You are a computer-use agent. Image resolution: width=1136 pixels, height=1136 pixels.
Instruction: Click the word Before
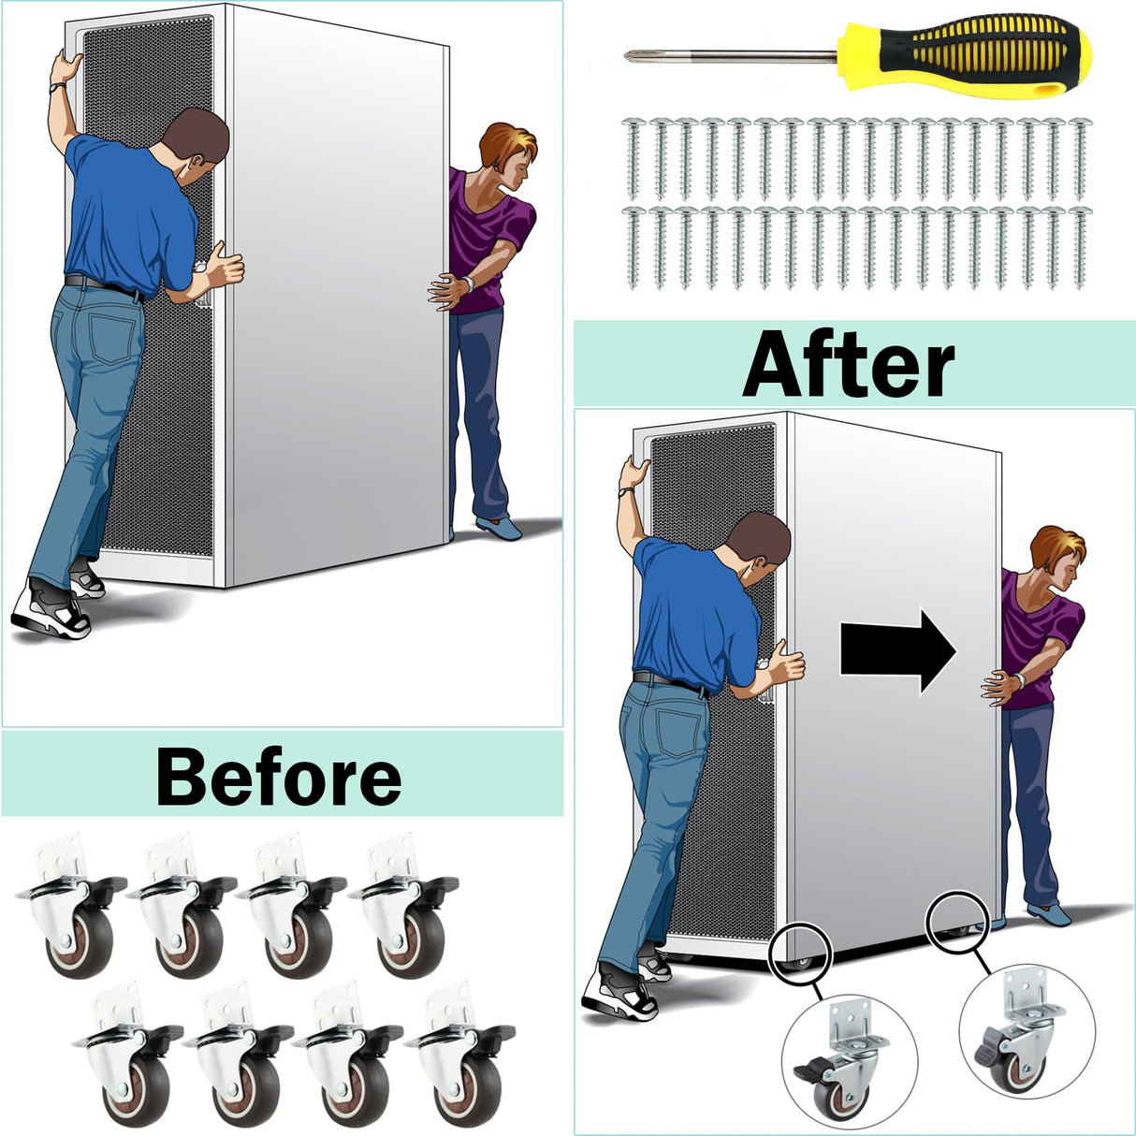(279, 775)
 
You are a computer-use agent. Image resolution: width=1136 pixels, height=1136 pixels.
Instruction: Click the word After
(849, 362)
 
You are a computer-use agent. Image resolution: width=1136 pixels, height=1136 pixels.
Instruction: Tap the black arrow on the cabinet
(897, 651)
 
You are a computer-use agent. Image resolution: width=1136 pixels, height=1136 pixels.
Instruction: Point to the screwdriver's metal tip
(629, 56)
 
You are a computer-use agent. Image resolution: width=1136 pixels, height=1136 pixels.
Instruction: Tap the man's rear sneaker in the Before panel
(51, 610)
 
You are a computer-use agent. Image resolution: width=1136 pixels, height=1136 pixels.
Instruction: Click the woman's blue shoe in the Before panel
(500, 528)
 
